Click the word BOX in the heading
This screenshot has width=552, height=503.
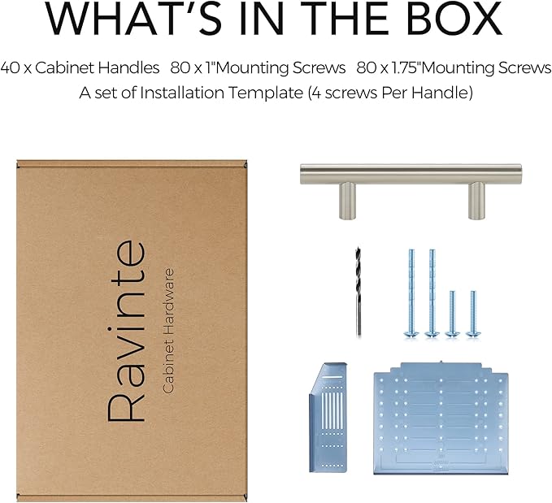(455, 18)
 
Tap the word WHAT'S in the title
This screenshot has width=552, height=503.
(134, 18)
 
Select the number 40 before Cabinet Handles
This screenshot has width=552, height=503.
(10, 67)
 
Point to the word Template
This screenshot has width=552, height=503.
(266, 93)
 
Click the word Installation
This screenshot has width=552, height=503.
(182, 93)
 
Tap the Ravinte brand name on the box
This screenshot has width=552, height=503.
(126, 331)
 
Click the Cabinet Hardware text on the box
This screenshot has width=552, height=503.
(168, 331)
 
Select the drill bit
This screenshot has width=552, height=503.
(358, 292)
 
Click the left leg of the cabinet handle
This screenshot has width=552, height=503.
(347, 201)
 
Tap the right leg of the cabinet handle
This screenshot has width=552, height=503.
(476, 201)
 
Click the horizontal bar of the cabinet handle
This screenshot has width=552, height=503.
(411, 174)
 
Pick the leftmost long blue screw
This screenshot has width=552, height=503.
(411, 293)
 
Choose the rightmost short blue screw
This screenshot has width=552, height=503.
(473, 314)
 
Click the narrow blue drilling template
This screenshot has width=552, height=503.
(328, 417)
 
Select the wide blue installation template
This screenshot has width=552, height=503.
(441, 418)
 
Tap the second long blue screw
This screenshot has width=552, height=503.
(432, 293)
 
